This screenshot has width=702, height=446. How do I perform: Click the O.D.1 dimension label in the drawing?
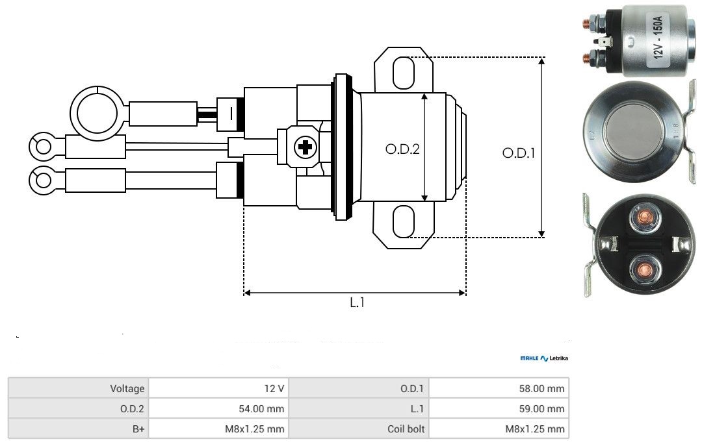[x=519, y=154]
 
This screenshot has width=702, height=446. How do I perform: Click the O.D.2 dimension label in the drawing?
[x=402, y=149]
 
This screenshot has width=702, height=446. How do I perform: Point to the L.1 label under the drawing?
[x=357, y=303]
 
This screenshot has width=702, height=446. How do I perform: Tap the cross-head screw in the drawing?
[x=304, y=148]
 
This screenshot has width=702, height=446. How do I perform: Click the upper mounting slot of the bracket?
[x=403, y=71]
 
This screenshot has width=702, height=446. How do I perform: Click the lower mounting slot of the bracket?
[x=403, y=221]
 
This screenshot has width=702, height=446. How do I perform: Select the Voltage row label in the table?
[x=127, y=389]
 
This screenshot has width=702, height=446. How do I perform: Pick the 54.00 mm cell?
[x=265, y=409]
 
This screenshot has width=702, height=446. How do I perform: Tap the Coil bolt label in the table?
[x=406, y=428]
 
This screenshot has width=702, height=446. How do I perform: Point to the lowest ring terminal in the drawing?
[x=44, y=179]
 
